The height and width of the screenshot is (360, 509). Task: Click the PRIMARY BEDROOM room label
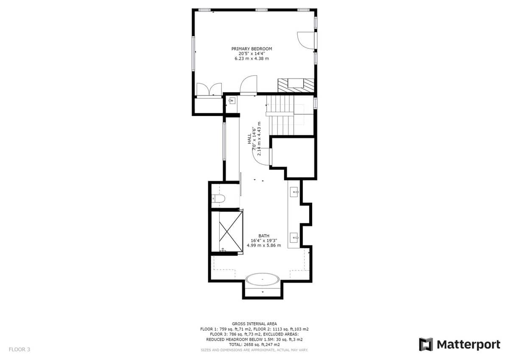pyautogui.click(x=252, y=49)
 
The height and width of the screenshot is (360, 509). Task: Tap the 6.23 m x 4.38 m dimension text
pyautogui.click(x=252, y=59)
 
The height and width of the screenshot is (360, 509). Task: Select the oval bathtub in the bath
pyautogui.click(x=263, y=279)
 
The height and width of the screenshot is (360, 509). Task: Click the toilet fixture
pyautogui.click(x=218, y=199)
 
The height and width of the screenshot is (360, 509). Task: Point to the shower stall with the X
pyautogui.click(x=231, y=232)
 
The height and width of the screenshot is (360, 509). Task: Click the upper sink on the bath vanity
pyautogui.click(x=294, y=192)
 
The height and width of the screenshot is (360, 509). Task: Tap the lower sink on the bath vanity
pyautogui.click(x=294, y=238)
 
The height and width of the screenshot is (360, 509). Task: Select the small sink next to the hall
pyautogui.click(x=232, y=101)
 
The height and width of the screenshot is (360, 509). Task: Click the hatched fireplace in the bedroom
pyautogui.click(x=296, y=85)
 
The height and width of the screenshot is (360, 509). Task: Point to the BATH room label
pyautogui.click(x=264, y=236)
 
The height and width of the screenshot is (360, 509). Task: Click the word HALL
pyautogui.click(x=249, y=139)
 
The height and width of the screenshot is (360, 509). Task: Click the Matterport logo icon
pyautogui.click(x=425, y=344)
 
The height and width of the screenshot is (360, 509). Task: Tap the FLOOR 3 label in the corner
pyautogui.click(x=20, y=349)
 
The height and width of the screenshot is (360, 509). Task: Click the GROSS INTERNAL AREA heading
pyautogui.click(x=254, y=323)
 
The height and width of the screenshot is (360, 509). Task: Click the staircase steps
pyautogui.click(x=281, y=115)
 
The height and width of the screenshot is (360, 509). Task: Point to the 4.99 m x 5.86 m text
pyautogui.click(x=264, y=245)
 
